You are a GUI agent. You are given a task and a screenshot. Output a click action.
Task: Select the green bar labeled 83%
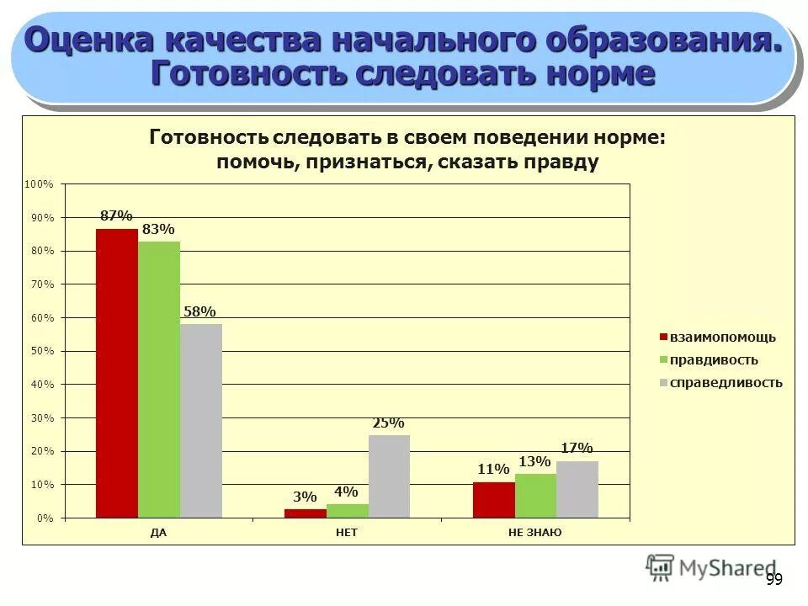click(x=159, y=380)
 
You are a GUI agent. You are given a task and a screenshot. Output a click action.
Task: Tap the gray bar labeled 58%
click(x=201, y=421)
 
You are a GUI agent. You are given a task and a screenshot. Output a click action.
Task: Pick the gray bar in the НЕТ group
click(x=389, y=476)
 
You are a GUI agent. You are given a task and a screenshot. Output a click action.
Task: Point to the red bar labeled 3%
click(x=305, y=513)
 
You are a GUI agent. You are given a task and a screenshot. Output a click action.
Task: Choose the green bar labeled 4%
click(x=347, y=511)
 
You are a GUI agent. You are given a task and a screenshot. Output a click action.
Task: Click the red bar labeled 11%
click(x=493, y=500)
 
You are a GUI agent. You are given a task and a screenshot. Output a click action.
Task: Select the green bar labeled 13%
click(x=535, y=496)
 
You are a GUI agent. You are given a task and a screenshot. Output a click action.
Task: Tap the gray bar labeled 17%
click(x=577, y=489)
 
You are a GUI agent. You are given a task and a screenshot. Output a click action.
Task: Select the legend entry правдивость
click(x=713, y=360)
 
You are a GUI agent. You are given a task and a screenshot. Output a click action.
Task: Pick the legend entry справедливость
click(x=725, y=383)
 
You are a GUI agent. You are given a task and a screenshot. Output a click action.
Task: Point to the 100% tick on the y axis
click(x=40, y=183)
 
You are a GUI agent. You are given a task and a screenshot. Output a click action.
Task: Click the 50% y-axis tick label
click(x=42, y=351)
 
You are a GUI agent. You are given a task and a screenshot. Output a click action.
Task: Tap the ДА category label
click(x=158, y=533)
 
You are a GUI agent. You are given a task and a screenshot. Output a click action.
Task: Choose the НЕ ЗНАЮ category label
click(x=534, y=533)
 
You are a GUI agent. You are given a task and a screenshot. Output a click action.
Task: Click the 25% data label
click(x=389, y=423)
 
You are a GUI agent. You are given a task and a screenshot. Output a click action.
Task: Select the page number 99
click(x=774, y=579)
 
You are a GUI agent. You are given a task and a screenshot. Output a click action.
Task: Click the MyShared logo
click(x=711, y=568)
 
